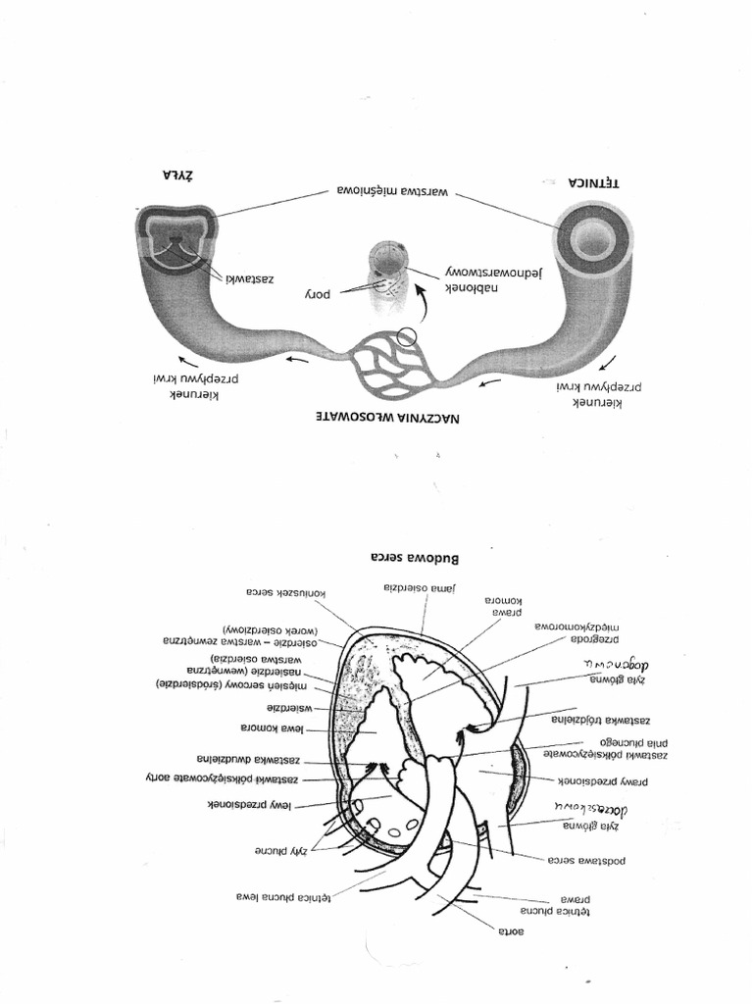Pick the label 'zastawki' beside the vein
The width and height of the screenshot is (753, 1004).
pyautogui.click(x=249, y=278)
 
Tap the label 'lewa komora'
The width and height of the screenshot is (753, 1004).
pyautogui.click(x=271, y=728)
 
